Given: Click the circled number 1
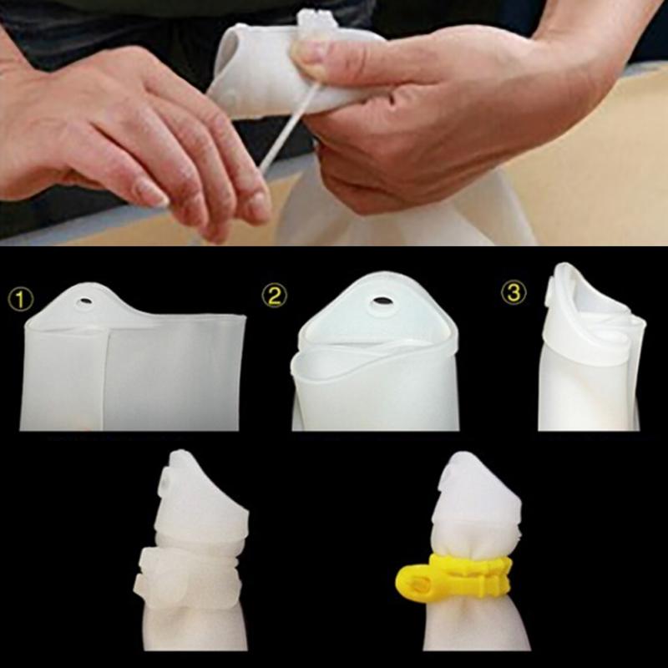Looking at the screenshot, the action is coord(20,299).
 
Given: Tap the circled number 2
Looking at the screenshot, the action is coord(275,296).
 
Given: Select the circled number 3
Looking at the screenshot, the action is coord(514,293).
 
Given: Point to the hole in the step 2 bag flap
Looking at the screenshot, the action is coord(382,301).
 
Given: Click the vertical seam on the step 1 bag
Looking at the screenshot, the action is coord(107,379).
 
